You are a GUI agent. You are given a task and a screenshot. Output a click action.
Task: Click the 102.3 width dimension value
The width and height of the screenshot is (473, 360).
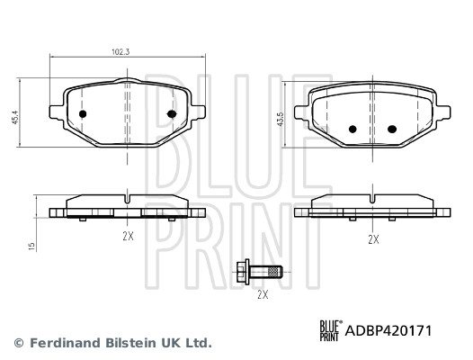point(120,52)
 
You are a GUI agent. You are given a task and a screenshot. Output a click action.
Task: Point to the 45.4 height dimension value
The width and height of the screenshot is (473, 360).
point(15,117)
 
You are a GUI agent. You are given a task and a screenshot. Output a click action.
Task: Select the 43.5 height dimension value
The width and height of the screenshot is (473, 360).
point(281,119)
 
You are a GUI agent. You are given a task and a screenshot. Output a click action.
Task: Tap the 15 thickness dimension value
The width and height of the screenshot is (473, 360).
point(31,247)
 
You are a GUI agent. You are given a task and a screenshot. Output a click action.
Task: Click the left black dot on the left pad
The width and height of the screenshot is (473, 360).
point(83,114)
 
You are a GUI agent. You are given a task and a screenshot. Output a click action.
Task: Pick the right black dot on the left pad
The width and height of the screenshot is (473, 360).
point(172,113)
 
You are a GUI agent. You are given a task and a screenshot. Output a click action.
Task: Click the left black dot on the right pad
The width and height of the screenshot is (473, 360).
point(353,129)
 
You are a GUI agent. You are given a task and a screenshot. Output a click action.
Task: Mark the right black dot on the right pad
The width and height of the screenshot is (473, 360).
point(392,129)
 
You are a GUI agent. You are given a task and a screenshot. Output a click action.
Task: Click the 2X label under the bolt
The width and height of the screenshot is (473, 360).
point(263,294)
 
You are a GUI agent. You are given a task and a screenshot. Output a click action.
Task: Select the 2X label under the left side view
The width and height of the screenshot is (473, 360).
point(128,236)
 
